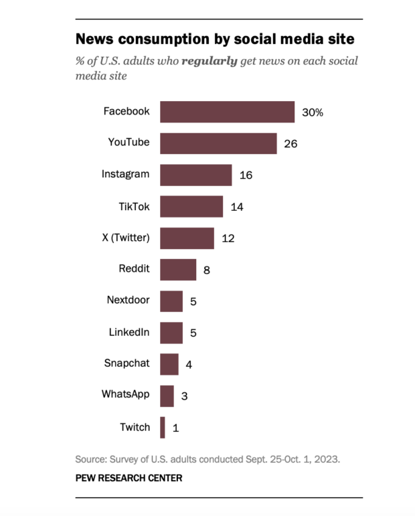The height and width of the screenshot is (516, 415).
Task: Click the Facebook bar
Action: pos(227,112)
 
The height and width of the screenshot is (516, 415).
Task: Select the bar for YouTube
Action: pos(218,143)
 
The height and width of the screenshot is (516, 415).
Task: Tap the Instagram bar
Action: pos(195,175)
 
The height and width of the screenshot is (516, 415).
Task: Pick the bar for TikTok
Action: pos(191,206)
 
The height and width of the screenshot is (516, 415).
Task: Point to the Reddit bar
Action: pos(178,270)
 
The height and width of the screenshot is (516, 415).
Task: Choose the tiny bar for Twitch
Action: pos(163,427)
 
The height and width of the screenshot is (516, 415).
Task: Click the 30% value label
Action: pos(313,112)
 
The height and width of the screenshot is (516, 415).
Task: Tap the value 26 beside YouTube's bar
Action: pos(290,144)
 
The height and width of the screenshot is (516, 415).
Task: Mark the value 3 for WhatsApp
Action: pos(184,396)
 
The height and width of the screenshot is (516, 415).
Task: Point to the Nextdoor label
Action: pos(128,300)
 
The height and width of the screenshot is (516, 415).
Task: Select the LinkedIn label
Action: pos(129,332)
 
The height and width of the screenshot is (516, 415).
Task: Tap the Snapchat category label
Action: pos(127,363)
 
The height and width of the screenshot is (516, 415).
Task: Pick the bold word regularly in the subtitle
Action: pos(210,61)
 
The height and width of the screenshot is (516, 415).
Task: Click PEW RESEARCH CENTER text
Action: pos(129,478)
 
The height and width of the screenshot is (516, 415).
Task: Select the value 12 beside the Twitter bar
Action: pos(228,238)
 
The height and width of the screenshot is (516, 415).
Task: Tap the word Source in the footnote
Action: pos(91,460)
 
